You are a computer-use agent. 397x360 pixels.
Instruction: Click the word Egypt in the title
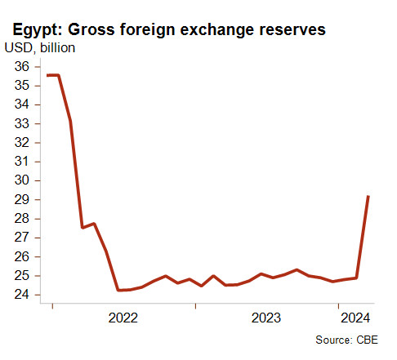pos(38,30)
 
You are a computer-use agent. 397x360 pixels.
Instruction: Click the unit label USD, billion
pos(40,48)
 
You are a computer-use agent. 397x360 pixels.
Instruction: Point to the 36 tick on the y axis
pos(21,67)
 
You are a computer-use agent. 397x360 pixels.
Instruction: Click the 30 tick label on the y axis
pos(21,180)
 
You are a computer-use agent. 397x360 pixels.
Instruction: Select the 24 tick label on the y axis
pos(21,295)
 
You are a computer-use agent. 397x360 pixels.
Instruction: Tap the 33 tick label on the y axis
pos(21,123)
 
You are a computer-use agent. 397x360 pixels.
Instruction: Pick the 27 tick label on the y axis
pos(21,238)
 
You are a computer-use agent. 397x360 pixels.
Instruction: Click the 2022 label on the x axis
pos(123,318)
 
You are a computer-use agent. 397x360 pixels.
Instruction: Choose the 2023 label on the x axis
pos(266,318)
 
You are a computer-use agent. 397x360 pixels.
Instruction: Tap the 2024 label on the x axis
pos(355,318)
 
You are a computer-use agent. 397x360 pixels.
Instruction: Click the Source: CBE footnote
pos(346,340)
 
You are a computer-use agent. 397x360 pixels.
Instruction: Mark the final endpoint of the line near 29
pos(368,196)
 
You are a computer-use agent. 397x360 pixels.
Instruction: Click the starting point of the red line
pos(47,75)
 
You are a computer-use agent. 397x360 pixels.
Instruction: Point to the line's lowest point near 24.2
pos(118,290)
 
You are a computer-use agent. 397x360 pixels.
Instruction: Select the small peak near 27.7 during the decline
pos(94,224)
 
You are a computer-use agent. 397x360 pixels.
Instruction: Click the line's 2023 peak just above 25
pos(297,269)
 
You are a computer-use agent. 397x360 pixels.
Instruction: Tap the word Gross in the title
pos(91,29)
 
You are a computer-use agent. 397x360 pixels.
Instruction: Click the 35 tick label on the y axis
pos(21,86)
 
